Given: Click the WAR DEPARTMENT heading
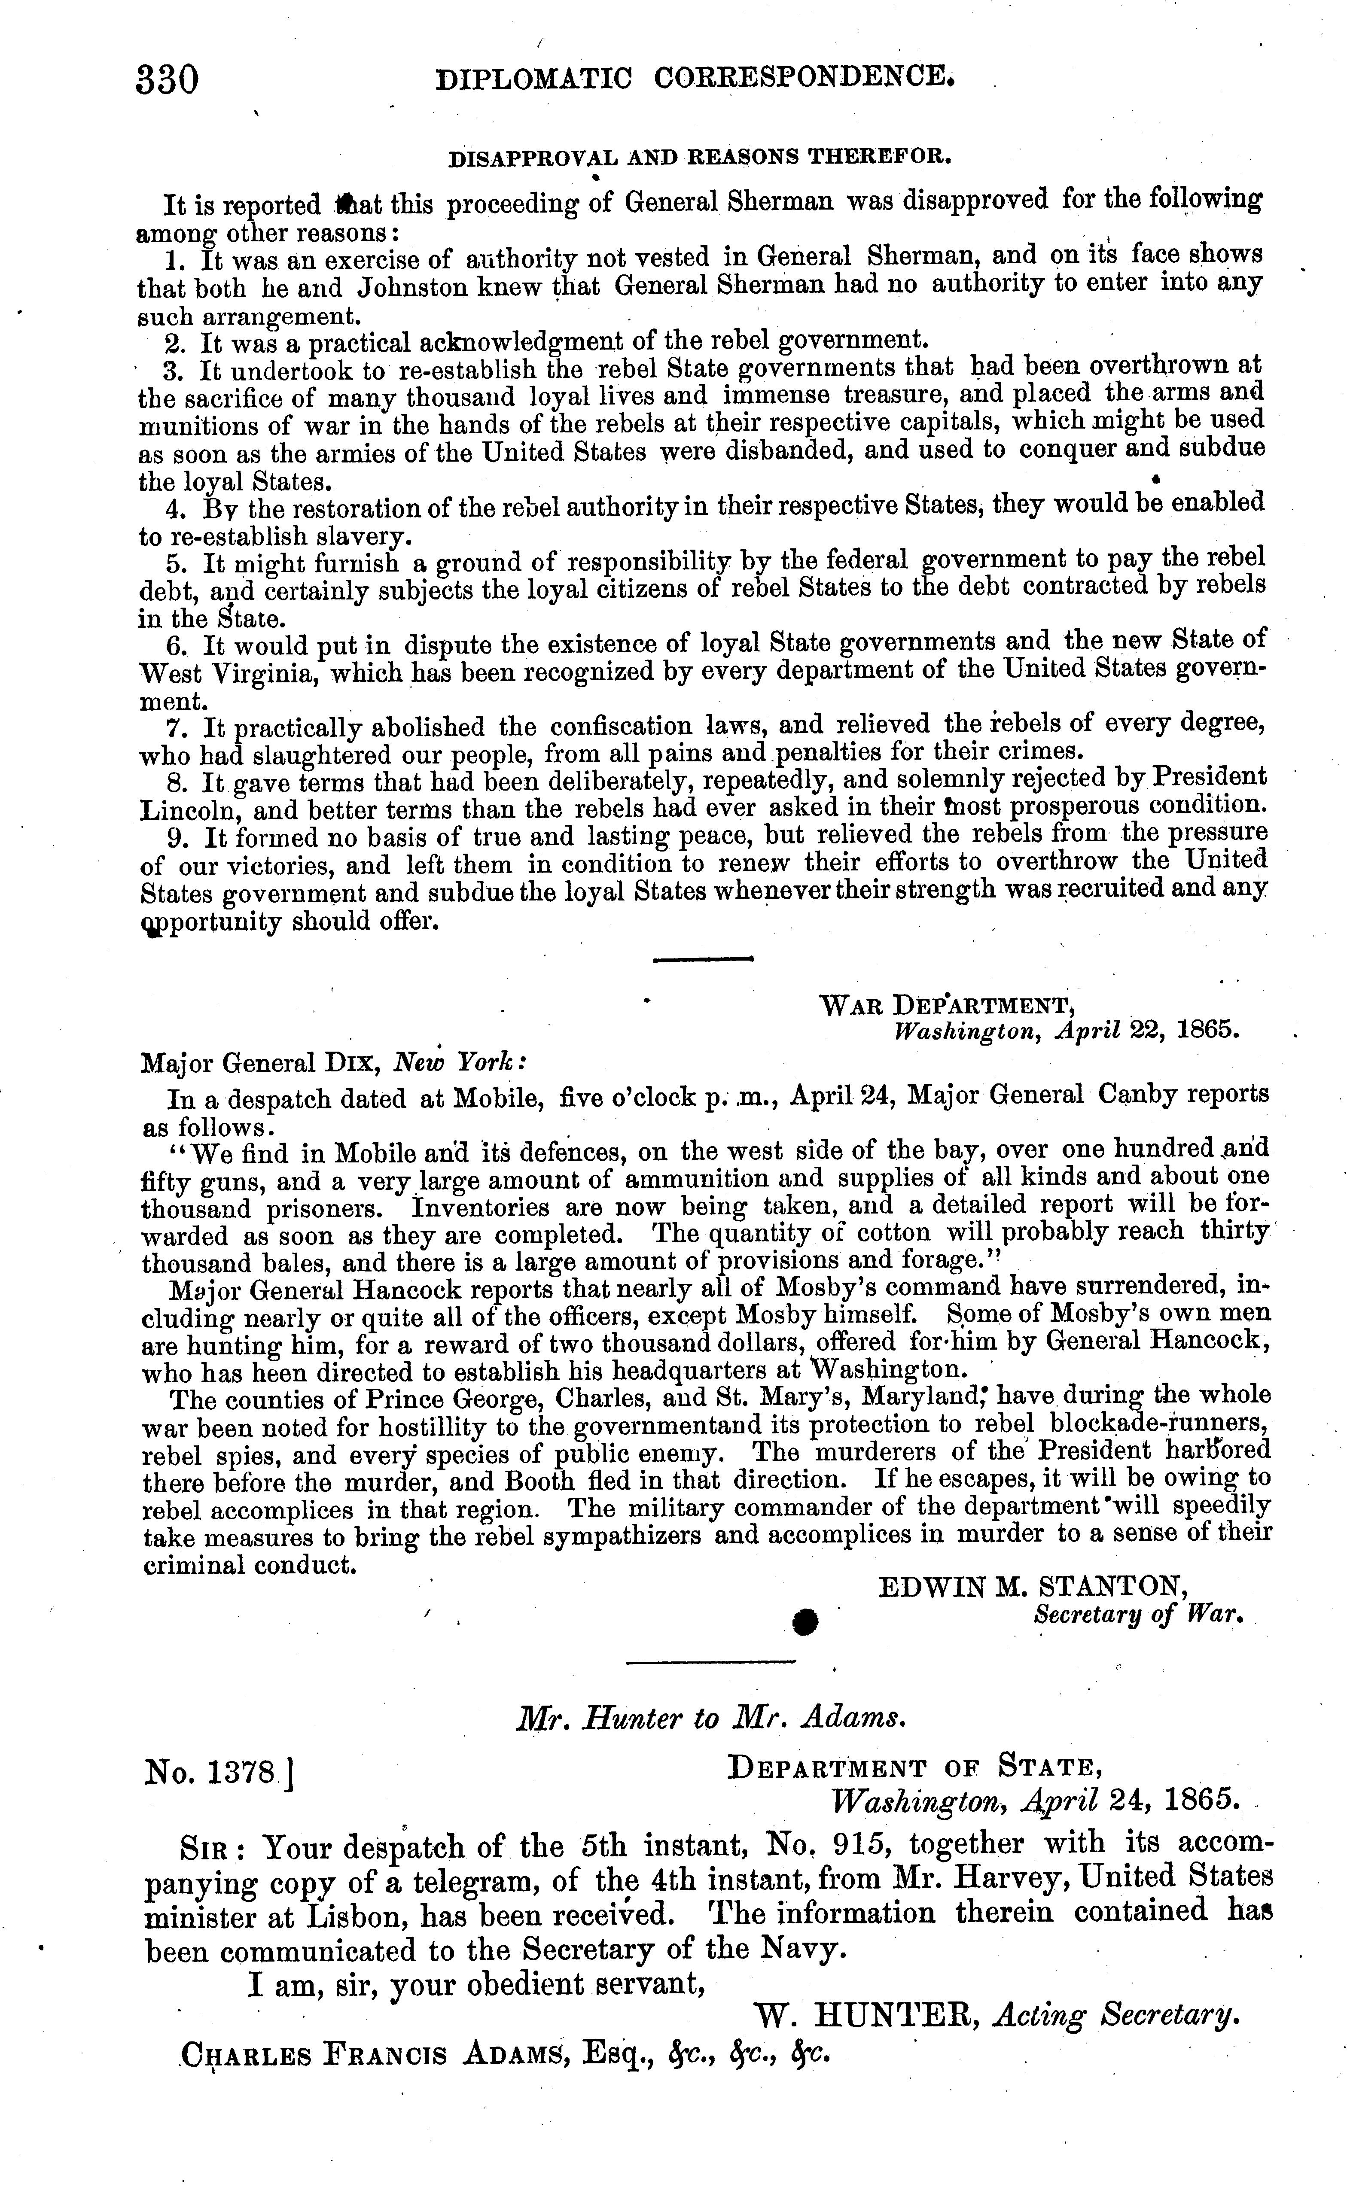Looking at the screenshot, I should tap(946, 1006).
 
